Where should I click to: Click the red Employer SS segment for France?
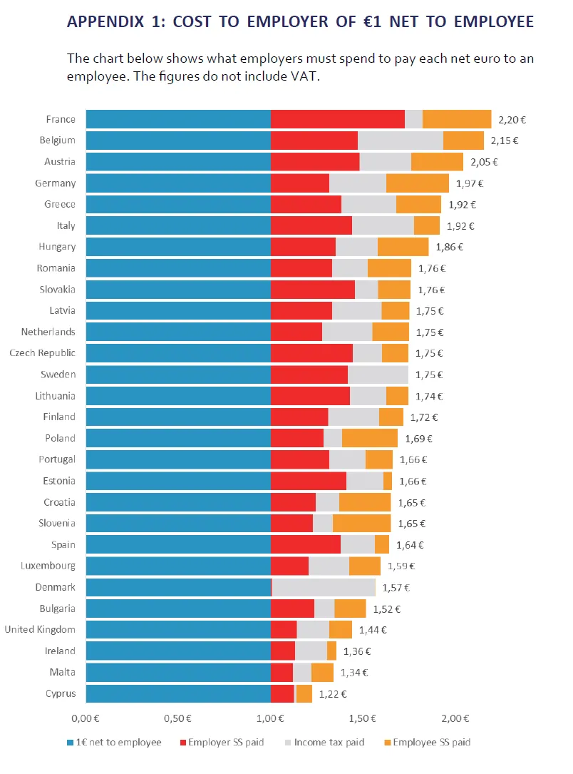click(x=338, y=120)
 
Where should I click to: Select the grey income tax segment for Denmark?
click(x=324, y=587)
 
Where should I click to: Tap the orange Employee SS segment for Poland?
click(x=370, y=438)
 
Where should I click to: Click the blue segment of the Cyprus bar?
click(x=178, y=693)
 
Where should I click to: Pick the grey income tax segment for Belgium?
click(x=401, y=141)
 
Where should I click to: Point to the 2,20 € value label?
click(x=512, y=121)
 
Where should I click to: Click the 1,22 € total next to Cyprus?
click(x=333, y=693)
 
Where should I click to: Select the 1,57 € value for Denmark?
click(x=396, y=588)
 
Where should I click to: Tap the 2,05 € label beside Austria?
click(x=484, y=162)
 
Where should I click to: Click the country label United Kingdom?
click(x=40, y=629)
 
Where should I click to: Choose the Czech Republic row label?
click(x=42, y=353)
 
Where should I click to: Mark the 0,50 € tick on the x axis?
click(x=178, y=717)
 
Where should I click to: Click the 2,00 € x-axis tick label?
click(x=455, y=717)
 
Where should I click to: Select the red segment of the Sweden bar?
click(x=309, y=375)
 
